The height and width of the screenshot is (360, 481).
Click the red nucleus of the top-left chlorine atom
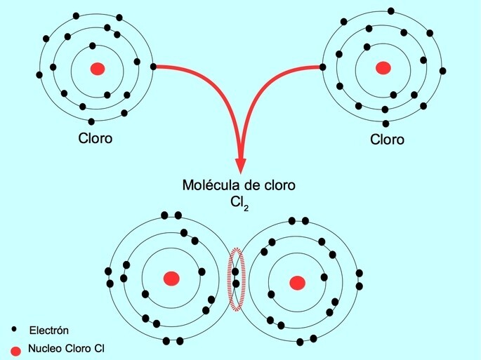[x=98, y=68]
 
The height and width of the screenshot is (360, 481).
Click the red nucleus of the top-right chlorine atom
[x=383, y=68]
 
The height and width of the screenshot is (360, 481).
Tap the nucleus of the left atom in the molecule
[x=171, y=279]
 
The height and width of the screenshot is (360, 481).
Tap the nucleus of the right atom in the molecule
[x=298, y=282]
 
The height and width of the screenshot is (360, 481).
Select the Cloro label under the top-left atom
[x=95, y=138]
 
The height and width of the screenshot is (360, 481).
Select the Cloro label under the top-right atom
[x=387, y=139]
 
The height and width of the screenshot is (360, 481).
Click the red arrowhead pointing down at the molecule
[x=240, y=164]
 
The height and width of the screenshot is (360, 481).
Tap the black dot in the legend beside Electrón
[x=15, y=328]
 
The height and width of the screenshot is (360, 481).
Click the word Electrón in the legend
[x=49, y=329]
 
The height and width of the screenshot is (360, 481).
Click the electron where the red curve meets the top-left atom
[x=154, y=67]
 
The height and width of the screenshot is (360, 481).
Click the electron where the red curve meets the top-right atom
[x=322, y=67]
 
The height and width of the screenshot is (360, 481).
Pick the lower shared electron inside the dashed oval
[x=236, y=284]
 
